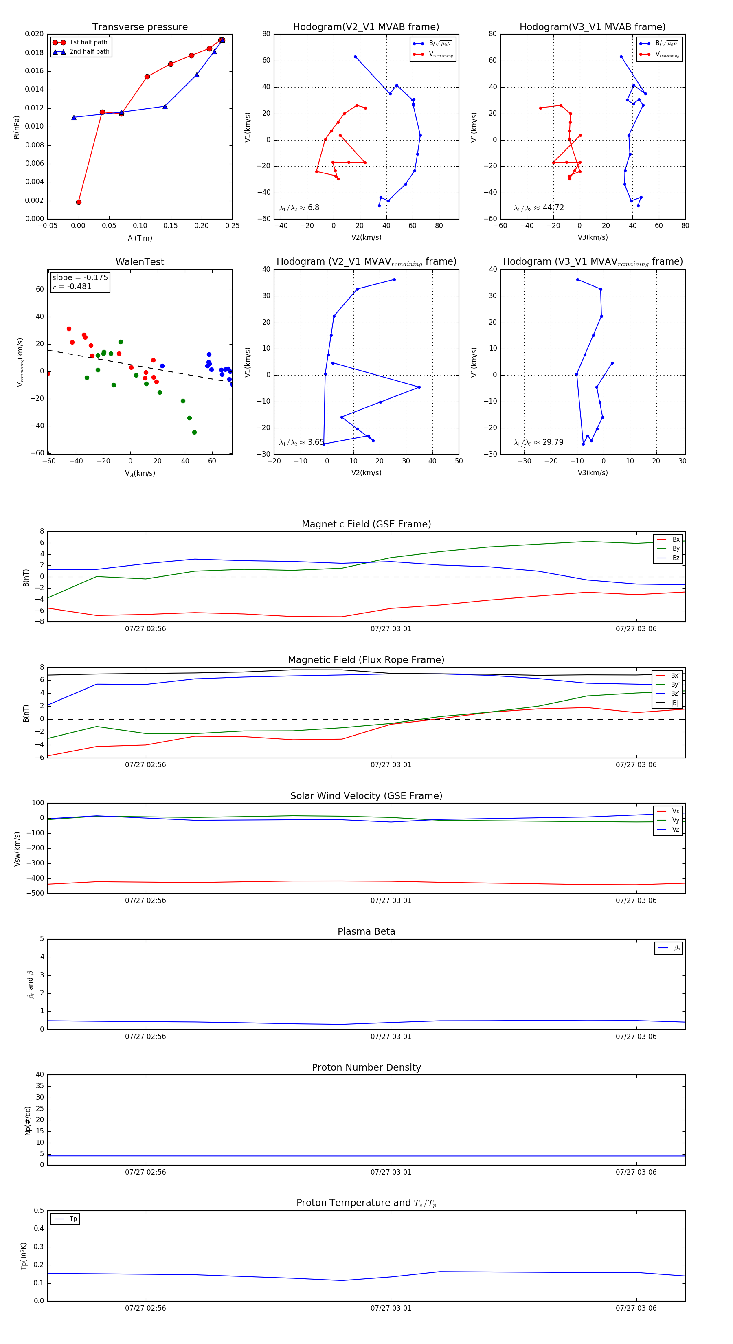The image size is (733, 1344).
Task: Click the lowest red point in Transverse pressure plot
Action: click(79, 202)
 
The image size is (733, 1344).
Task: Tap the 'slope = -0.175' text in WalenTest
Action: click(80, 278)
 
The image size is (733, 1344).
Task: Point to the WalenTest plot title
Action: click(140, 262)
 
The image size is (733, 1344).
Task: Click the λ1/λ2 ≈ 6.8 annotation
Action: click(299, 208)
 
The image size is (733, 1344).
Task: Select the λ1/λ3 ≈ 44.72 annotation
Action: click(538, 208)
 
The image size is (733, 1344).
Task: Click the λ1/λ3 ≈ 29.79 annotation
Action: click(538, 442)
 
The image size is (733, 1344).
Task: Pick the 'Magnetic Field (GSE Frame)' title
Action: click(366, 524)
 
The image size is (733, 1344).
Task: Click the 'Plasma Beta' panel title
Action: click(366, 932)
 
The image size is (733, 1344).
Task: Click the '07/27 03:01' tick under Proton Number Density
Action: click(391, 1173)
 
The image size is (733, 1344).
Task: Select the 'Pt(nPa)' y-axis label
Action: click(17, 127)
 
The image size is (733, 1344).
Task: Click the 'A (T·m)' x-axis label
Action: click(140, 238)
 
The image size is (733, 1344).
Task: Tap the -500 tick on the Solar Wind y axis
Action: click(37, 893)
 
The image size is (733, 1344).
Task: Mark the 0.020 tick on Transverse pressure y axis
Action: click(35, 34)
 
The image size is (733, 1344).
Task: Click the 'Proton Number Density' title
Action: click(366, 1067)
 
